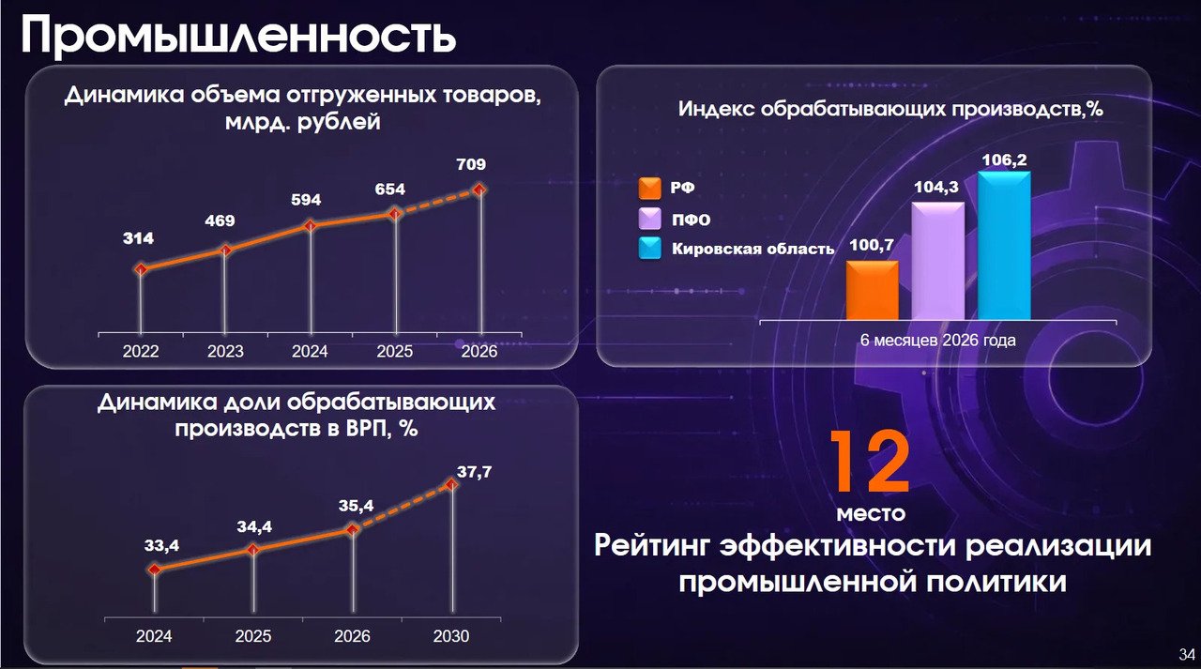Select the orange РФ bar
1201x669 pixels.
point(873,290)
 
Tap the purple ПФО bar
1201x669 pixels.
point(937,261)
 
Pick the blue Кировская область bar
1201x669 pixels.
point(1004,246)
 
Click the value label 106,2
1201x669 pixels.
point(1004,160)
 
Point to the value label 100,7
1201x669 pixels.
point(872,245)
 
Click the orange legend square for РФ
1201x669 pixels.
point(649,189)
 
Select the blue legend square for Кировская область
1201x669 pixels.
point(650,249)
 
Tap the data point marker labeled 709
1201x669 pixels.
point(479,190)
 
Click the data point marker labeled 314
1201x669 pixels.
point(141,269)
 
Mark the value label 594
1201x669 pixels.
point(306,200)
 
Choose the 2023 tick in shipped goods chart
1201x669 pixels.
point(225,351)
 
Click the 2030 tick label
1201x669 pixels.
point(451,636)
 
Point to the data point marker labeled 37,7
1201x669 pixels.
point(452,484)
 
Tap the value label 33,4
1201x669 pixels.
point(161,546)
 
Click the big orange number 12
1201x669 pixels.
point(870,461)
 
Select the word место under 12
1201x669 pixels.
point(871,513)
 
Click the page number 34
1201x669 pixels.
point(1187,655)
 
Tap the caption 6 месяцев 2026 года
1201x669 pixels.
point(937,341)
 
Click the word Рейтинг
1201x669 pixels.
point(652,547)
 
